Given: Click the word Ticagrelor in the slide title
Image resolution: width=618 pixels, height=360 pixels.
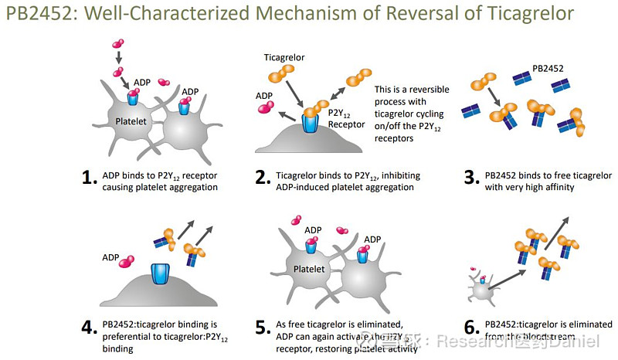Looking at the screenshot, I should [526, 13].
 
